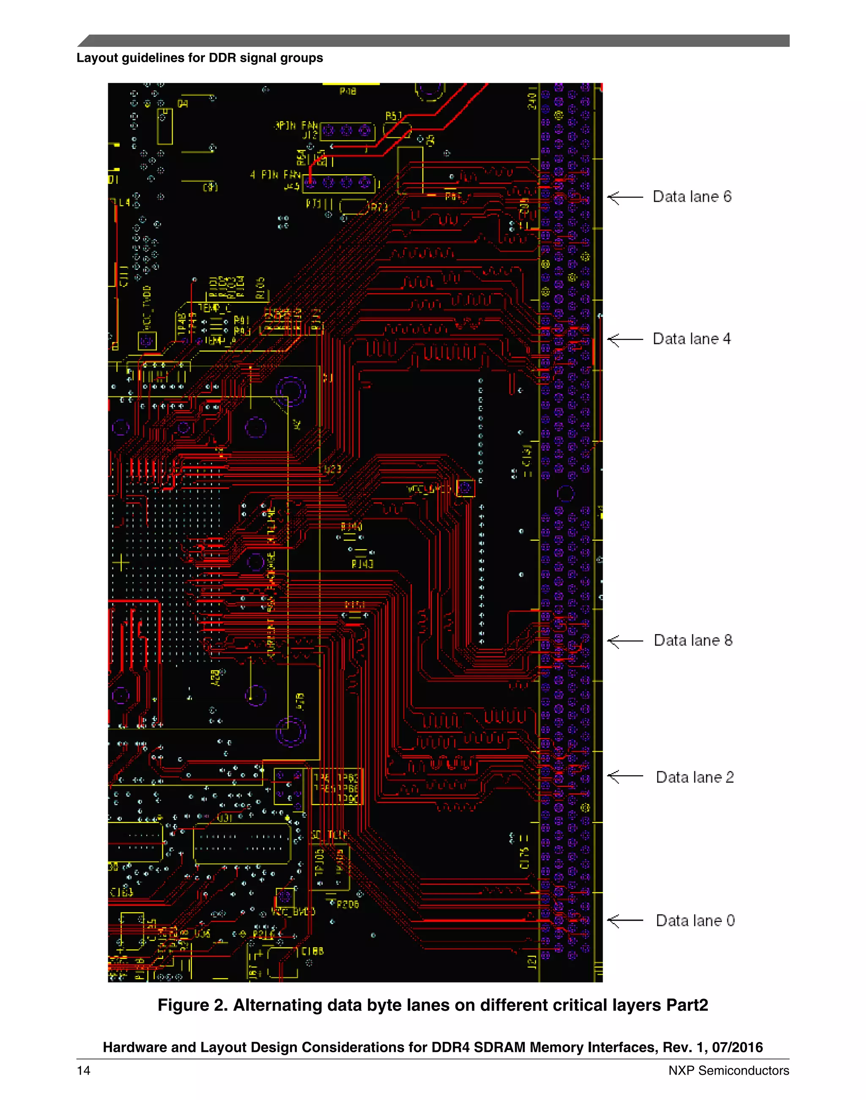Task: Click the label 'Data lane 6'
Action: click(692, 197)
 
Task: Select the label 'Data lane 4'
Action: click(692, 339)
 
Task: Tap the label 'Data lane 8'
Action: click(693, 640)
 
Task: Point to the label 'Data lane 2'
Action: click(695, 777)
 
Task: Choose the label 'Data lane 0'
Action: click(695, 921)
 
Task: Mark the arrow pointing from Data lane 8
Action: click(625, 641)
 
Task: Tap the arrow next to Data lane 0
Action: click(625, 921)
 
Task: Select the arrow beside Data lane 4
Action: click(625, 339)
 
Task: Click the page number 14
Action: click(84, 1070)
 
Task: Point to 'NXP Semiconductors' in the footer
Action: click(728, 1070)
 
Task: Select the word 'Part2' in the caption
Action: click(687, 1005)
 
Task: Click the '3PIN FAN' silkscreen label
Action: click(296, 125)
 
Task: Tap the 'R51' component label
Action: click(393, 117)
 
